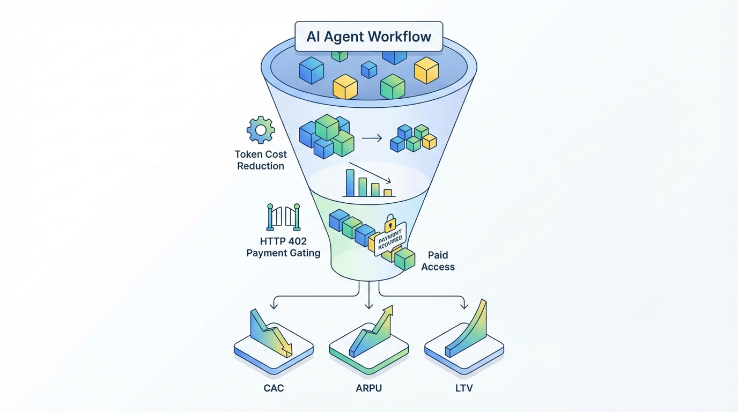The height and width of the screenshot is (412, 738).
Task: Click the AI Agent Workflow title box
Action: pyautogui.click(x=368, y=37)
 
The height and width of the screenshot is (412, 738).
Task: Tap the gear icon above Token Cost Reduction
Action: pyautogui.click(x=261, y=130)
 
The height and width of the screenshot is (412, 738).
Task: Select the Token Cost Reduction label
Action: pyautogui.click(x=261, y=160)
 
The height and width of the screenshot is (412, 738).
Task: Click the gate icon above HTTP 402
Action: pyautogui.click(x=283, y=217)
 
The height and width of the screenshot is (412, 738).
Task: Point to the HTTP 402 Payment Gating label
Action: pyautogui.click(x=283, y=247)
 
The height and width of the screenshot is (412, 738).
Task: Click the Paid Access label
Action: pyautogui.click(x=438, y=261)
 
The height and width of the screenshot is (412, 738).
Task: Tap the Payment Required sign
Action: pyautogui.click(x=390, y=239)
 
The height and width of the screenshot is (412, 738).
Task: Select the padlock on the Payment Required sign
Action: pyautogui.click(x=390, y=222)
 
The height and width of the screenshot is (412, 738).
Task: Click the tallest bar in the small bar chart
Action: pyautogui.click(x=350, y=183)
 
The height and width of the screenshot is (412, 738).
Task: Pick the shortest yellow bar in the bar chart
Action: pyautogui.click(x=388, y=193)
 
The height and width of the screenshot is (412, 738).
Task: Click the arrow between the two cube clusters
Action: pyautogui.click(x=372, y=138)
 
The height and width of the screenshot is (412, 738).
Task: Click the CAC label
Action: pyautogui.click(x=274, y=388)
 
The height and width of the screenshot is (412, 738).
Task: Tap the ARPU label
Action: pyautogui.click(x=368, y=388)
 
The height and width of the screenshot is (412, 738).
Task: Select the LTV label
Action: pyautogui.click(x=464, y=388)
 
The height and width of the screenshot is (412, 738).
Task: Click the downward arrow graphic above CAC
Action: pyautogui.click(x=271, y=333)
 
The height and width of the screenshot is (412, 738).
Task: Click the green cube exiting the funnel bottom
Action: pyautogui.click(x=404, y=259)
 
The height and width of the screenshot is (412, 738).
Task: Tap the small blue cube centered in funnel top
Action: pyautogui.click(x=369, y=69)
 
